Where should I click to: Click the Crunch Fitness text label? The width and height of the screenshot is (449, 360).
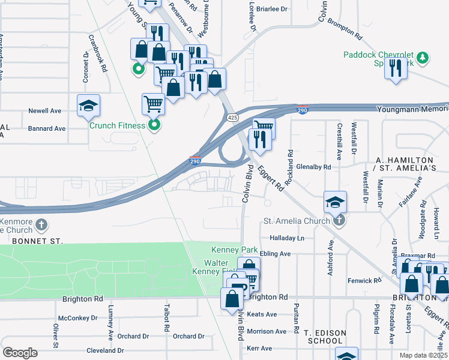click(117, 125)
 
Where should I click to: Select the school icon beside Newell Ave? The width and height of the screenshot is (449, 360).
click(89, 106)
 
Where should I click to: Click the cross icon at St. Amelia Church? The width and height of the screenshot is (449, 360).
click(339, 220)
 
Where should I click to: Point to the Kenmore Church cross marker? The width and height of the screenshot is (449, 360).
click(41, 225)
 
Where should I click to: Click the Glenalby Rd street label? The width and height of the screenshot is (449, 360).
click(310, 167)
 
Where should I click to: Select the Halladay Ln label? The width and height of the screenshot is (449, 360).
click(287, 238)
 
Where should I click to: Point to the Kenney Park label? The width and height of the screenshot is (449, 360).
click(234, 250)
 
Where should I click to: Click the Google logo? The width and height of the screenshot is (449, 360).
click(19, 353)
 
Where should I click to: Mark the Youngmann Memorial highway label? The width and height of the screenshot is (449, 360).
click(412, 109)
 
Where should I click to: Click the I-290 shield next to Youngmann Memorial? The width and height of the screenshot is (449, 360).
click(303, 110)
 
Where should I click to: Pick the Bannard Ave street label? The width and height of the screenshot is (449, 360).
click(47, 128)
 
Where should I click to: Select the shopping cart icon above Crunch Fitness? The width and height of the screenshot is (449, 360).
click(153, 104)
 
